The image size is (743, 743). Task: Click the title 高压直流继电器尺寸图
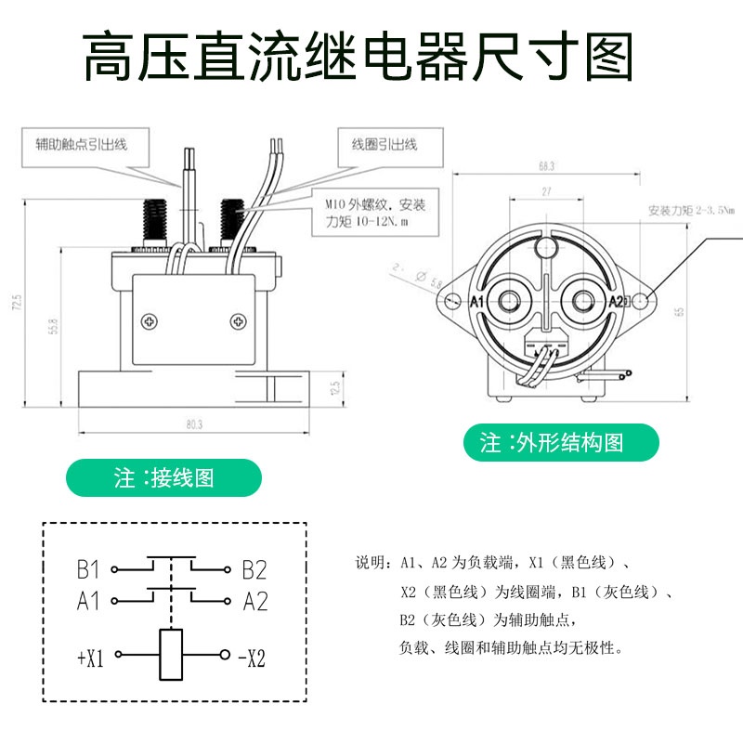pyautogui.click(x=358, y=58)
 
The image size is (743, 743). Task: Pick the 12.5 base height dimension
pyautogui.click(x=335, y=385)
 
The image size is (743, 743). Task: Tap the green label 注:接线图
pyautogui.click(x=164, y=477)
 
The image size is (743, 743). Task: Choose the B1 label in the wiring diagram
pyautogui.click(x=88, y=569)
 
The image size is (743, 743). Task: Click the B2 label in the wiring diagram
pyautogui.click(x=254, y=569)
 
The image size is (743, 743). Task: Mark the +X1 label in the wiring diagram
pyautogui.click(x=90, y=658)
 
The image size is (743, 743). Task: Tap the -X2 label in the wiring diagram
pyautogui.click(x=252, y=658)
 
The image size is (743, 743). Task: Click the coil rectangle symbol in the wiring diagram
pyautogui.click(x=171, y=655)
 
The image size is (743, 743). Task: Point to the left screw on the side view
pyautogui.click(x=150, y=321)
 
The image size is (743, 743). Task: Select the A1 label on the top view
pyautogui.click(x=477, y=302)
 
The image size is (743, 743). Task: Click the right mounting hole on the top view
pyautogui.click(x=643, y=301)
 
